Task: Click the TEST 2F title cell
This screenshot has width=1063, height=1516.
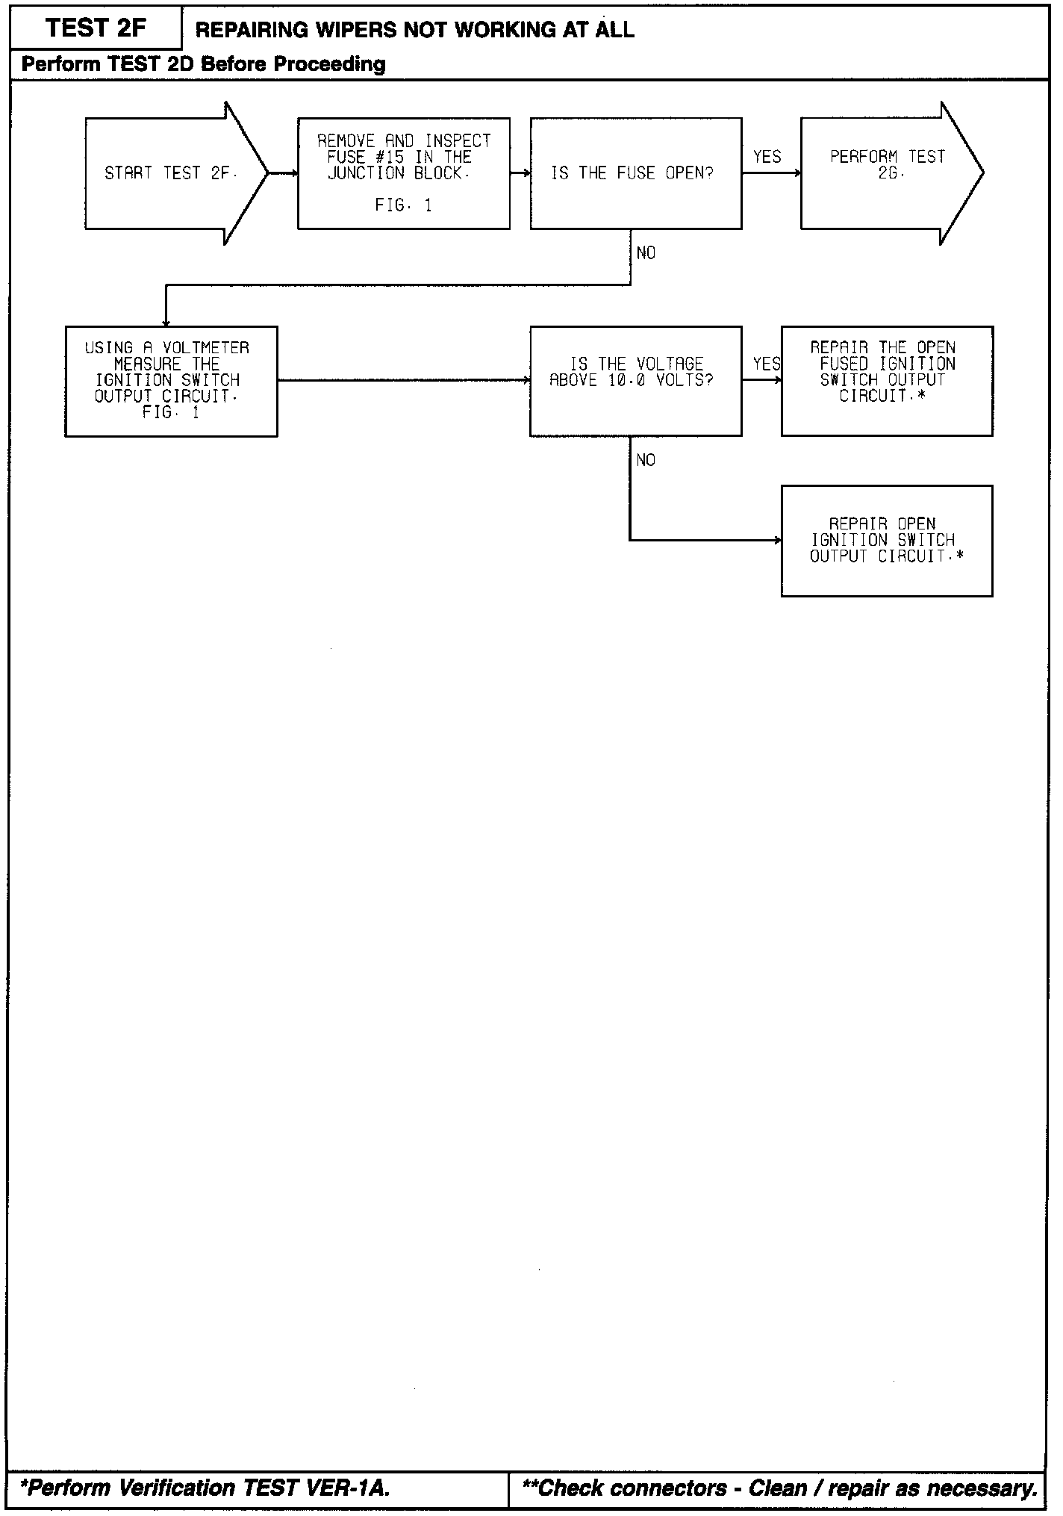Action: (96, 28)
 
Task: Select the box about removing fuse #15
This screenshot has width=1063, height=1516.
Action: (404, 173)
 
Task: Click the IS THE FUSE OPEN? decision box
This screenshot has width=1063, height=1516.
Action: (635, 173)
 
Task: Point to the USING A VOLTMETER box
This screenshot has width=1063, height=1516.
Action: (171, 381)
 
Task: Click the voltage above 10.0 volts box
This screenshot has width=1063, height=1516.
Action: (635, 381)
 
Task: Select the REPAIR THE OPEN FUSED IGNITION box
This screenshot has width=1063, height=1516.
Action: (887, 381)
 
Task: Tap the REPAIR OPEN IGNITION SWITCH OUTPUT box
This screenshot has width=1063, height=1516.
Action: (887, 541)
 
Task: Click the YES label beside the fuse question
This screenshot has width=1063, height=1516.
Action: (767, 157)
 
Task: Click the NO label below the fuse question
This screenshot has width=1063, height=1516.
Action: (646, 253)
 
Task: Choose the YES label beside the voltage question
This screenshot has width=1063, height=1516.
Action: (767, 364)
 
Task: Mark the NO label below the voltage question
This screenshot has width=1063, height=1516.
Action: (646, 460)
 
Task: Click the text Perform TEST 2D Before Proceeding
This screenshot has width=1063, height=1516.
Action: (204, 64)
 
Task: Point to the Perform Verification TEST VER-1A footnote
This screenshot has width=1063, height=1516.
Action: (205, 1488)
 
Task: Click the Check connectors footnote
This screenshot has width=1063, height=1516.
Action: (780, 1488)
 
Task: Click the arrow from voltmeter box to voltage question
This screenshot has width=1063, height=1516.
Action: (403, 381)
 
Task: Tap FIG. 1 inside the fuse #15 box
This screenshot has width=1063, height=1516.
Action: (403, 205)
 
